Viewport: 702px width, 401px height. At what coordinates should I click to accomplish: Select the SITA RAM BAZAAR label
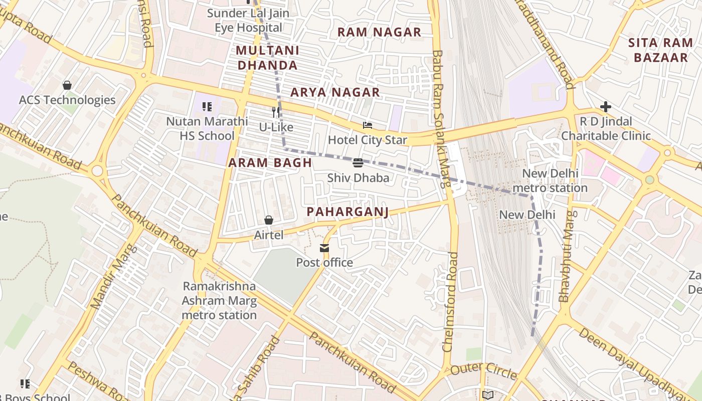coord(660,50)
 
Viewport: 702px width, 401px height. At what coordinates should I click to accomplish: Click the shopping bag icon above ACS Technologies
coord(67,85)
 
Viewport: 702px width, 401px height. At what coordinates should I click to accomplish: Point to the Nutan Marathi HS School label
coord(207,128)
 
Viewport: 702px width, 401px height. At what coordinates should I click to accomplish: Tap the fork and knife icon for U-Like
coord(276,112)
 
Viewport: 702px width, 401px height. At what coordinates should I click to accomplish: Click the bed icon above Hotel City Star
coord(368,125)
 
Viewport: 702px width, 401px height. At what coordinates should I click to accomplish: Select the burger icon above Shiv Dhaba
coord(358,162)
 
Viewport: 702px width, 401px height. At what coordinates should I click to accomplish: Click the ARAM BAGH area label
coord(270,163)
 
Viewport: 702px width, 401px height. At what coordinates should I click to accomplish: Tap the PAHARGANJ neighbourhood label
coord(347,212)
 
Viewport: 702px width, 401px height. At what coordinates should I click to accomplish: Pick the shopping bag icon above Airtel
coord(269,220)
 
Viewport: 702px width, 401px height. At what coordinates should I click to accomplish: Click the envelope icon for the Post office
coord(324,248)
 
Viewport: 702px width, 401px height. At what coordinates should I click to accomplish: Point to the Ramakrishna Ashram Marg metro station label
coord(219,301)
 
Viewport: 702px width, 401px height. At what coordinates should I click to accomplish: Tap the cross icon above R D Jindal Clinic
coord(606,107)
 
